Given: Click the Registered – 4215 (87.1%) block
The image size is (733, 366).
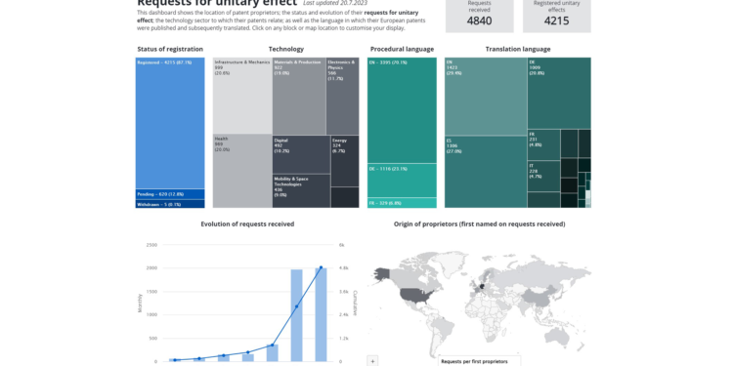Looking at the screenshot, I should point(170,122).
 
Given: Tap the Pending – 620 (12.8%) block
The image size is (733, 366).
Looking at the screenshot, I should point(170,194).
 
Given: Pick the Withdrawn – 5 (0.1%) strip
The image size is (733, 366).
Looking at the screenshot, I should point(170,204).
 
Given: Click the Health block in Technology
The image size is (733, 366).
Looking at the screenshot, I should point(241,171).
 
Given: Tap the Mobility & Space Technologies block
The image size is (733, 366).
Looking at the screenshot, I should point(300,191).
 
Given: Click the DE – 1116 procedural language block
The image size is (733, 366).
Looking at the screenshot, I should point(402,180).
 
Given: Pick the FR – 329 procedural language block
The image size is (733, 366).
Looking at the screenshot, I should point(402,202).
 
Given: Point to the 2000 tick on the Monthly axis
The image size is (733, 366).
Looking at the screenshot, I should point(151,268).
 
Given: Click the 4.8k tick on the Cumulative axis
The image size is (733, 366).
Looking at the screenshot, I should point(344,268).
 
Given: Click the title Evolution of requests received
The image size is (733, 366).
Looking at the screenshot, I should point(247,224).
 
